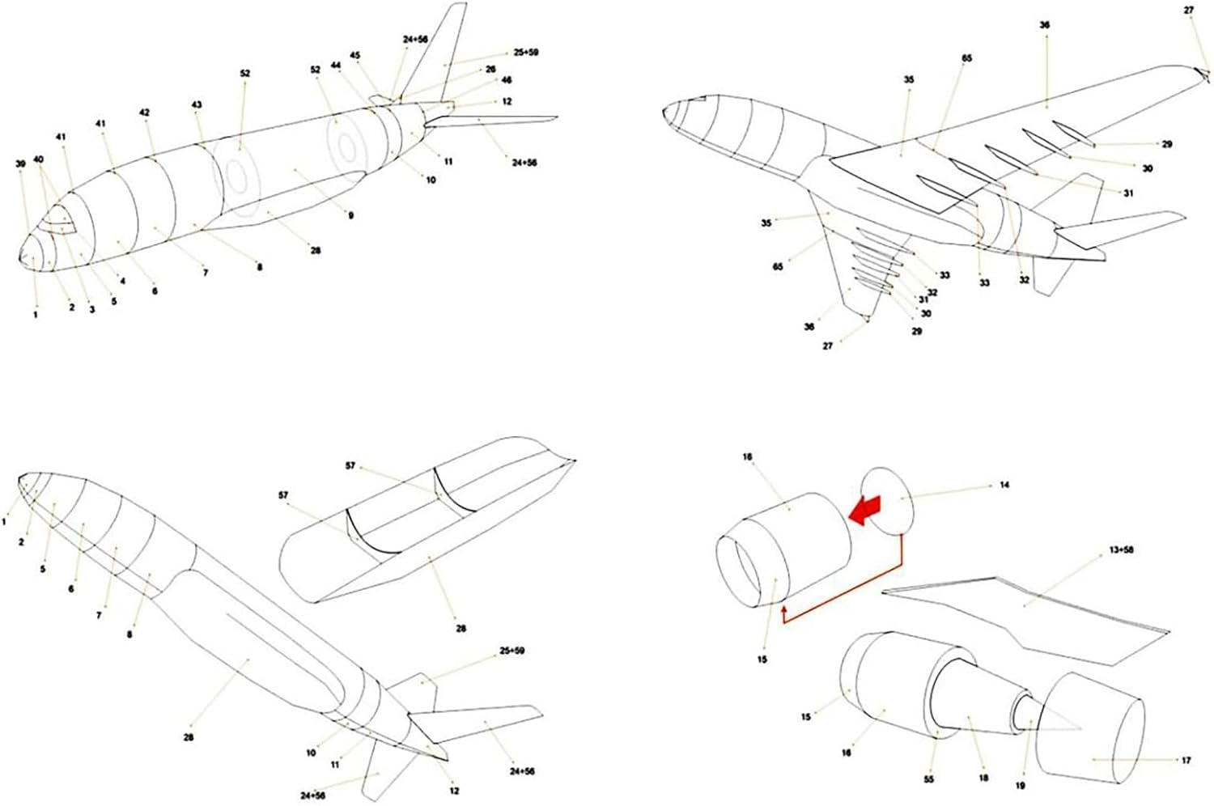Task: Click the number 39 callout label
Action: pos(21,163)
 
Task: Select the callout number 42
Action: pos(145,113)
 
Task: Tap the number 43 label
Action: pos(197,105)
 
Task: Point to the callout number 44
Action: pos(335,65)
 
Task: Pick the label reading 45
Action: pos(355,55)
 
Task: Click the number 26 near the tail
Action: pos(490,70)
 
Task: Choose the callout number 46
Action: pos(507,81)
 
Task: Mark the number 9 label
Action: pos(350,216)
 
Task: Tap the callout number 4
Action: pos(122,282)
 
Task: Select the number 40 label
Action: pos(38,159)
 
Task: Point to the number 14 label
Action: pos(1004,486)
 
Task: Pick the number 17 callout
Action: pos(1186,761)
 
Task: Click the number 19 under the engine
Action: pos(1020,785)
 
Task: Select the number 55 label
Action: pos(928,779)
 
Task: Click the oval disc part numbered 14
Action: pos(888,500)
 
